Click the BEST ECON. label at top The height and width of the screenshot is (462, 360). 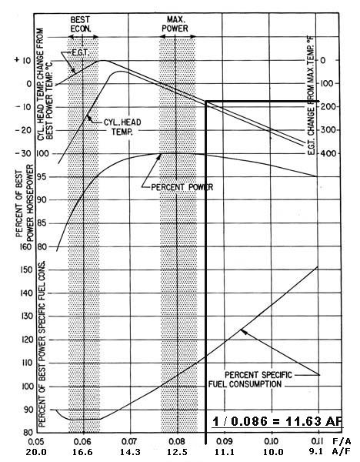[80, 24]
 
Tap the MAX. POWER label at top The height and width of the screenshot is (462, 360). [175, 24]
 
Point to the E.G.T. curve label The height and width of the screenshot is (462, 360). [80, 53]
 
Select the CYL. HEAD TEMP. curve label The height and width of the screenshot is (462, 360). [122, 127]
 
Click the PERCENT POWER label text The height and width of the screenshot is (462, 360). [182, 187]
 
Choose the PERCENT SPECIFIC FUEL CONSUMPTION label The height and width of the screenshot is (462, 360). [250, 380]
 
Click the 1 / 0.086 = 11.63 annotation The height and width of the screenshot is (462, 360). [278, 421]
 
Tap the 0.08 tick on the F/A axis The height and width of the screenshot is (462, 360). [177, 442]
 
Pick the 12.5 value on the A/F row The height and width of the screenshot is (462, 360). [177, 452]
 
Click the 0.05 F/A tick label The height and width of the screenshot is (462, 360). [36, 442]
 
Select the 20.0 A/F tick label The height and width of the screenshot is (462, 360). [36, 452]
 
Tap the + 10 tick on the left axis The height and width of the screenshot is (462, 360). [23, 60]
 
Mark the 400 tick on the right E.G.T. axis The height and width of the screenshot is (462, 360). [330, 153]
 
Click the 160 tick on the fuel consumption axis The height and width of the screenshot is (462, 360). [25, 246]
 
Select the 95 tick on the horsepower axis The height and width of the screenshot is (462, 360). [42, 177]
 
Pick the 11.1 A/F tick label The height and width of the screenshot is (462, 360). [224, 452]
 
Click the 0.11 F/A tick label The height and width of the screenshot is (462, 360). [318, 441]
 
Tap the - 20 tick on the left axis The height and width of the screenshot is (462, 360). [23, 130]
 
